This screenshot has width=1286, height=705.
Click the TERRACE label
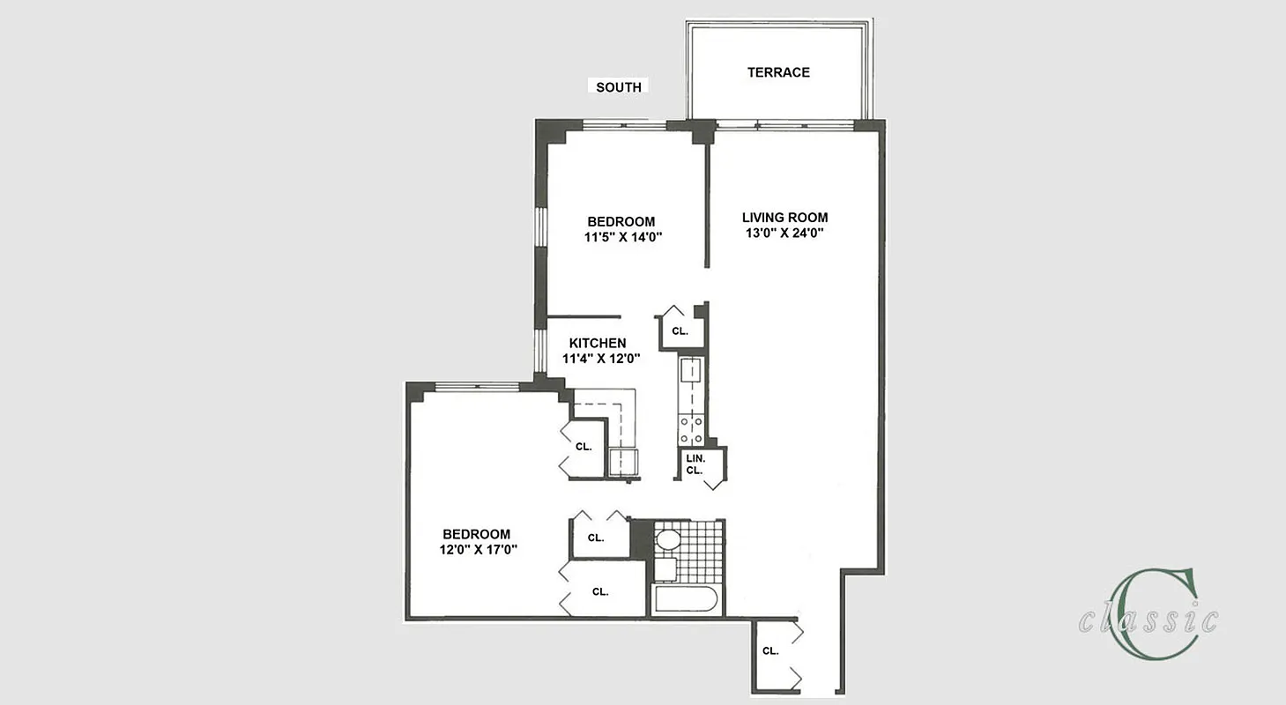(x=778, y=72)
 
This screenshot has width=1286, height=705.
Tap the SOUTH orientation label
(x=618, y=87)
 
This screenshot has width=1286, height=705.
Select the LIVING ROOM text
(x=784, y=218)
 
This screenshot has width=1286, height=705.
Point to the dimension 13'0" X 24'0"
(x=784, y=234)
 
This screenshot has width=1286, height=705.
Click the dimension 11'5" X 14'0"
(x=621, y=237)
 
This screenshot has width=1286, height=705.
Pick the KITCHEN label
(x=598, y=343)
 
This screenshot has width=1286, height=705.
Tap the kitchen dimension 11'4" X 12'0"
(x=600, y=359)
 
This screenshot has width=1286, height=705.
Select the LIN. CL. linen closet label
(x=695, y=464)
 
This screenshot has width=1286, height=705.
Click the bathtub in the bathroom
(x=686, y=601)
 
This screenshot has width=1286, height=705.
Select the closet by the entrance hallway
(x=770, y=651)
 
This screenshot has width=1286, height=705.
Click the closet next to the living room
(x=680, y=331)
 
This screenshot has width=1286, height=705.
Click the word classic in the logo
(x=1148, y=620)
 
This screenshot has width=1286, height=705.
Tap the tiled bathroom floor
(x=700, y=551)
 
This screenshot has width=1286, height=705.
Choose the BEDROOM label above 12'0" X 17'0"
(x=476, y=534)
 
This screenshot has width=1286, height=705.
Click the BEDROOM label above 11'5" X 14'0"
(x=621, y=221)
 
